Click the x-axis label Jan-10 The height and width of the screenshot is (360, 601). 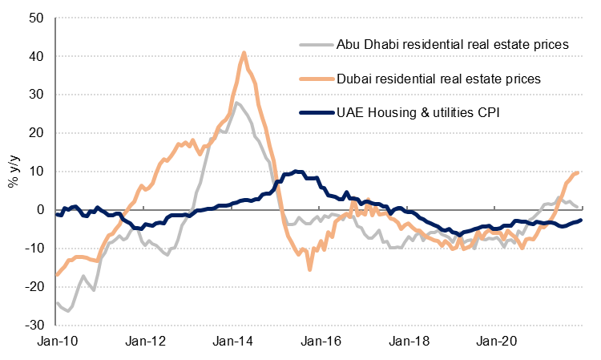(x=57, y=342)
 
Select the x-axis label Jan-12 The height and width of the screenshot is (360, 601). (x=145, y=342)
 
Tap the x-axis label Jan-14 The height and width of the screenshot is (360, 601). (x=232, y=342)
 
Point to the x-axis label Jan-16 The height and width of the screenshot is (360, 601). (x=321, y=342)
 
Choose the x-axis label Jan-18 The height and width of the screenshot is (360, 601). (x=409, y=342)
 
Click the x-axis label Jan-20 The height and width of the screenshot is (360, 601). (x=496, y=342)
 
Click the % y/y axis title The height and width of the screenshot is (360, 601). (x=14, y=170)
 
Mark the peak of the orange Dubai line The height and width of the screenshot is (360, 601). (x=244, y=53)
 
